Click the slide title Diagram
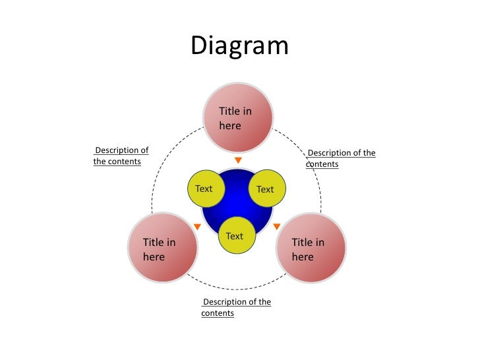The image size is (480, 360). pyautogui.click(x=239, y=46)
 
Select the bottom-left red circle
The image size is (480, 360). pyautogui.click(x=162, y=248)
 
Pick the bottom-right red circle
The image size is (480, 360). pyautogui.click(x=311, y=248)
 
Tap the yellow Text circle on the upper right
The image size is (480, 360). pyautogui.click(x=266, y=189)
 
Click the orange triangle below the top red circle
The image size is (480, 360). pyautogui.click(x=238, y=160)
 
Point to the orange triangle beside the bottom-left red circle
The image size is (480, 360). pyautogui.click(x=196, y=227)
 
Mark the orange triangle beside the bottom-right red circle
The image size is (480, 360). pyautogui.click(x=277, y=227)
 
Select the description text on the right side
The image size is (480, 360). pyautogui.click(x=340, y=158)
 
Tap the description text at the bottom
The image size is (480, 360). pyautogui.click(x=236, y=307)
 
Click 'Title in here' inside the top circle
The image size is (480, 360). pyautogui.click(x=235, y=118)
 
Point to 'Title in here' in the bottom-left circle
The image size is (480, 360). pyautogui.click(x=159, y=249)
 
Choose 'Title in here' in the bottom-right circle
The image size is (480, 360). pyautogui.click(x=308, y=249)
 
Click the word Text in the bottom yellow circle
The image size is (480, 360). pyautogui.click(x=234, y=236)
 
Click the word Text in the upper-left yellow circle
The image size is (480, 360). pyautogui.click(x=204, y=189)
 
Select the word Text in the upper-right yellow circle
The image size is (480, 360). pyautogui.click(x=265, y=189)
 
